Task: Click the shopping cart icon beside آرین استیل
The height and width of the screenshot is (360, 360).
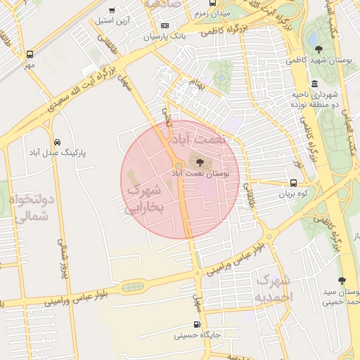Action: pos(112,10)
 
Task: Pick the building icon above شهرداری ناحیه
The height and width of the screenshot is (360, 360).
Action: pos(314,83)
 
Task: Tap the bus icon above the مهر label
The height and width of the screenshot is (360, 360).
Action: pos(30,54)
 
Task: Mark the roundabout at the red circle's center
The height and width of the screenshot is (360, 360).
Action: pos(179,167)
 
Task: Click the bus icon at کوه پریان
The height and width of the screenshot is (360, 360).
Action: pos(293,182)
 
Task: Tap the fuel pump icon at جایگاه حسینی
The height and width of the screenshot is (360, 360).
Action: pos(198,325)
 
